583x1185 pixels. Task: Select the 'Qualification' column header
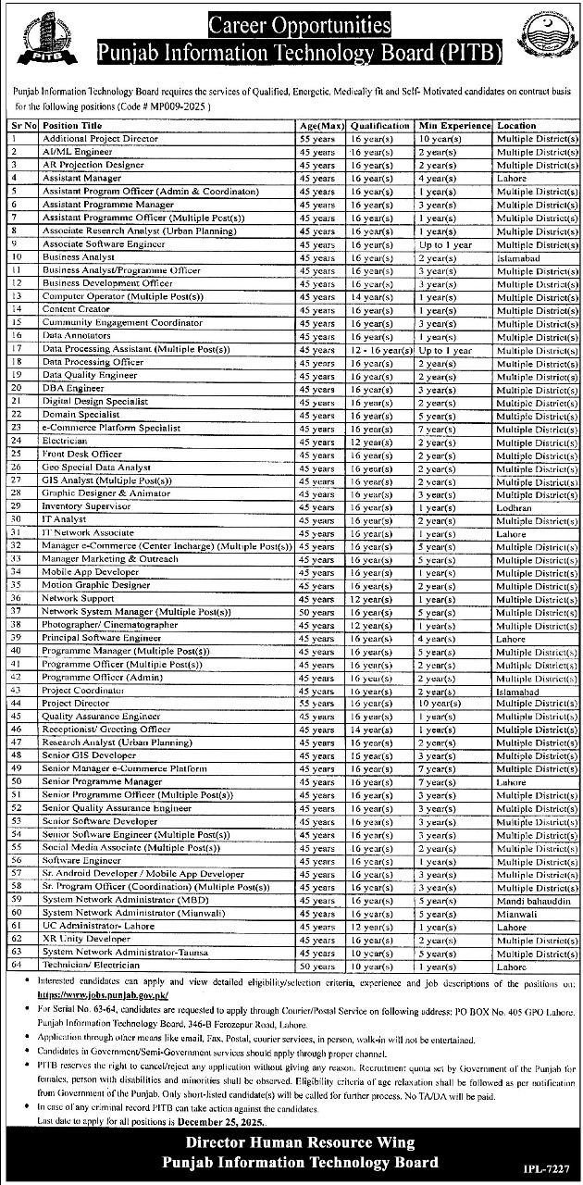(379, 125)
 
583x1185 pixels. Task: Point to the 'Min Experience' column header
(453, 125)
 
